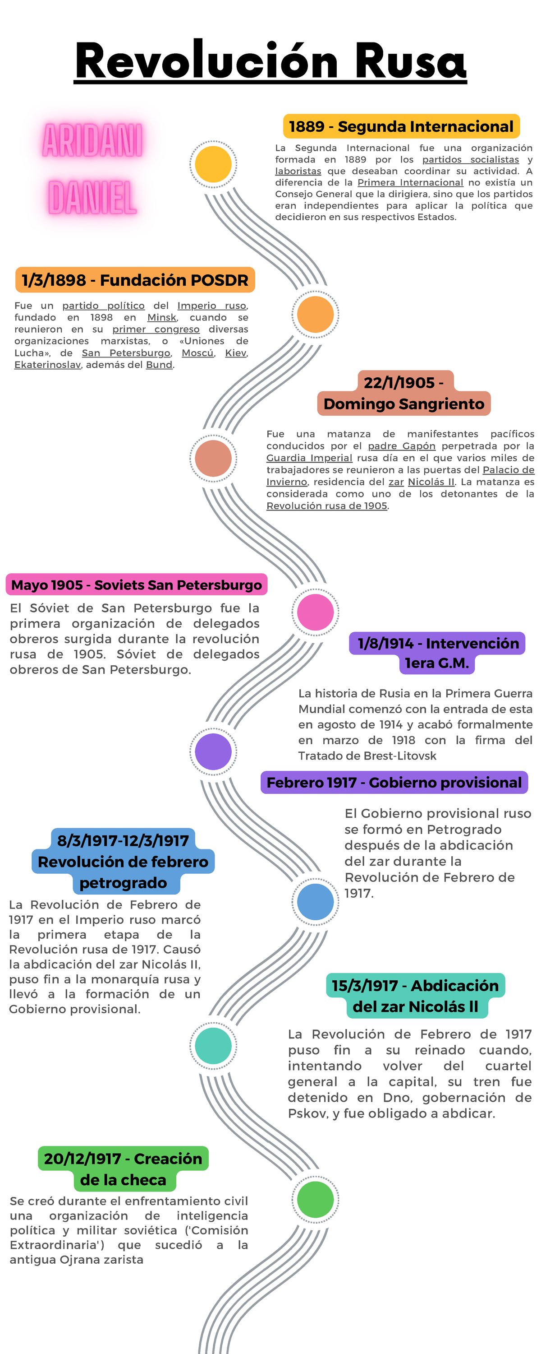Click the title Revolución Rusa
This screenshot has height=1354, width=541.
click(x=270, y=61)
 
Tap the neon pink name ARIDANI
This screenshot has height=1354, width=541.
click(x=92, y=141)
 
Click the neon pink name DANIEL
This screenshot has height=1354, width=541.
click(x=92, y=198)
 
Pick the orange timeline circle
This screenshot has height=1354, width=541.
click(x=315, y=314)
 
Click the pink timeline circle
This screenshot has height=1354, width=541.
click(x=315, y=612)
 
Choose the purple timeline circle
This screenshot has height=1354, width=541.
click(x=213, y=751)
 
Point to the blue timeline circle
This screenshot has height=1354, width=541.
click(x=315, y=901)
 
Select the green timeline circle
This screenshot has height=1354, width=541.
click(x=315, y=1200)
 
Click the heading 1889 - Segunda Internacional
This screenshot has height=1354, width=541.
click(x=401, y=127)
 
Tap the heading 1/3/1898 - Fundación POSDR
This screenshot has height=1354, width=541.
click(x=135, y=280)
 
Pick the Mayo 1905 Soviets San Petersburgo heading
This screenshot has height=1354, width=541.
click(x=137, y=585)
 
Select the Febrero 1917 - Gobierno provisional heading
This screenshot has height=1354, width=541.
click(x=394, y=783)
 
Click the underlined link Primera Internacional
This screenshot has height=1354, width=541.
click(x=410, y=182)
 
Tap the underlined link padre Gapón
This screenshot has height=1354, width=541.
click(x=401, y=446)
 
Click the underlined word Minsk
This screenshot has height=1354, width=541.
click(x=162, y=317)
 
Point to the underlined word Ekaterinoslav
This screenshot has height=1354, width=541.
click(x=47, y=365)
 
